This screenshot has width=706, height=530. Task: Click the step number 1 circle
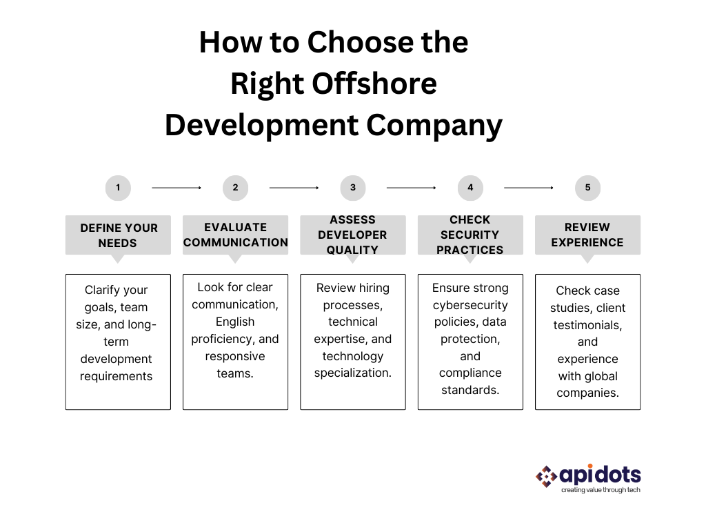(118, 187)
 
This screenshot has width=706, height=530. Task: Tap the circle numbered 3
(353, 187)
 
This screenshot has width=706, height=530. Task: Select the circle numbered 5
(587, 187)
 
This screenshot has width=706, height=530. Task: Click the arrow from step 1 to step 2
(176, 187)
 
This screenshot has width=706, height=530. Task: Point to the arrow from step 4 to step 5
(529, 187)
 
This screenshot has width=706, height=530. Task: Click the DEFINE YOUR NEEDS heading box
(118, 235)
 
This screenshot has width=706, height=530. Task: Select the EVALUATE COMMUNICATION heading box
(235, 235)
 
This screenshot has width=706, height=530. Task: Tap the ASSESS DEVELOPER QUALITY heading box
(353, 235)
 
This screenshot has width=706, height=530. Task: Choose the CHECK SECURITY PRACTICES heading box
(470, 235)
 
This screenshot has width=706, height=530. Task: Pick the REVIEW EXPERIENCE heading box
(587, 235)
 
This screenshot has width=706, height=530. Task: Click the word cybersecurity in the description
(470, 305)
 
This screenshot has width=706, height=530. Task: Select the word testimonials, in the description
(587, 325)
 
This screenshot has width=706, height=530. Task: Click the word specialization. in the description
(353, 373)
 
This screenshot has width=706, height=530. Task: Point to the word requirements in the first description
(116, 376)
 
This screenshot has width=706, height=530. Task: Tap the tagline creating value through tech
(601, 490)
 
